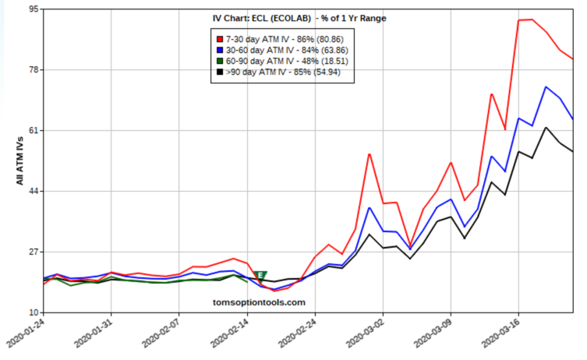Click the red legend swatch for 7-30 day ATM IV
(220, 38)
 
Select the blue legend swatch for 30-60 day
(220, 49)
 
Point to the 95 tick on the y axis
(35, 9)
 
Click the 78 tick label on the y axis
(35, 70)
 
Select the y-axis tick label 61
(35, 131)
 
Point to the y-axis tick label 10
(35, 312)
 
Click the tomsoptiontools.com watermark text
(259, 302)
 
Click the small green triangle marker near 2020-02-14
(260, 276)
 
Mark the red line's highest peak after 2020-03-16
(532, 19)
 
